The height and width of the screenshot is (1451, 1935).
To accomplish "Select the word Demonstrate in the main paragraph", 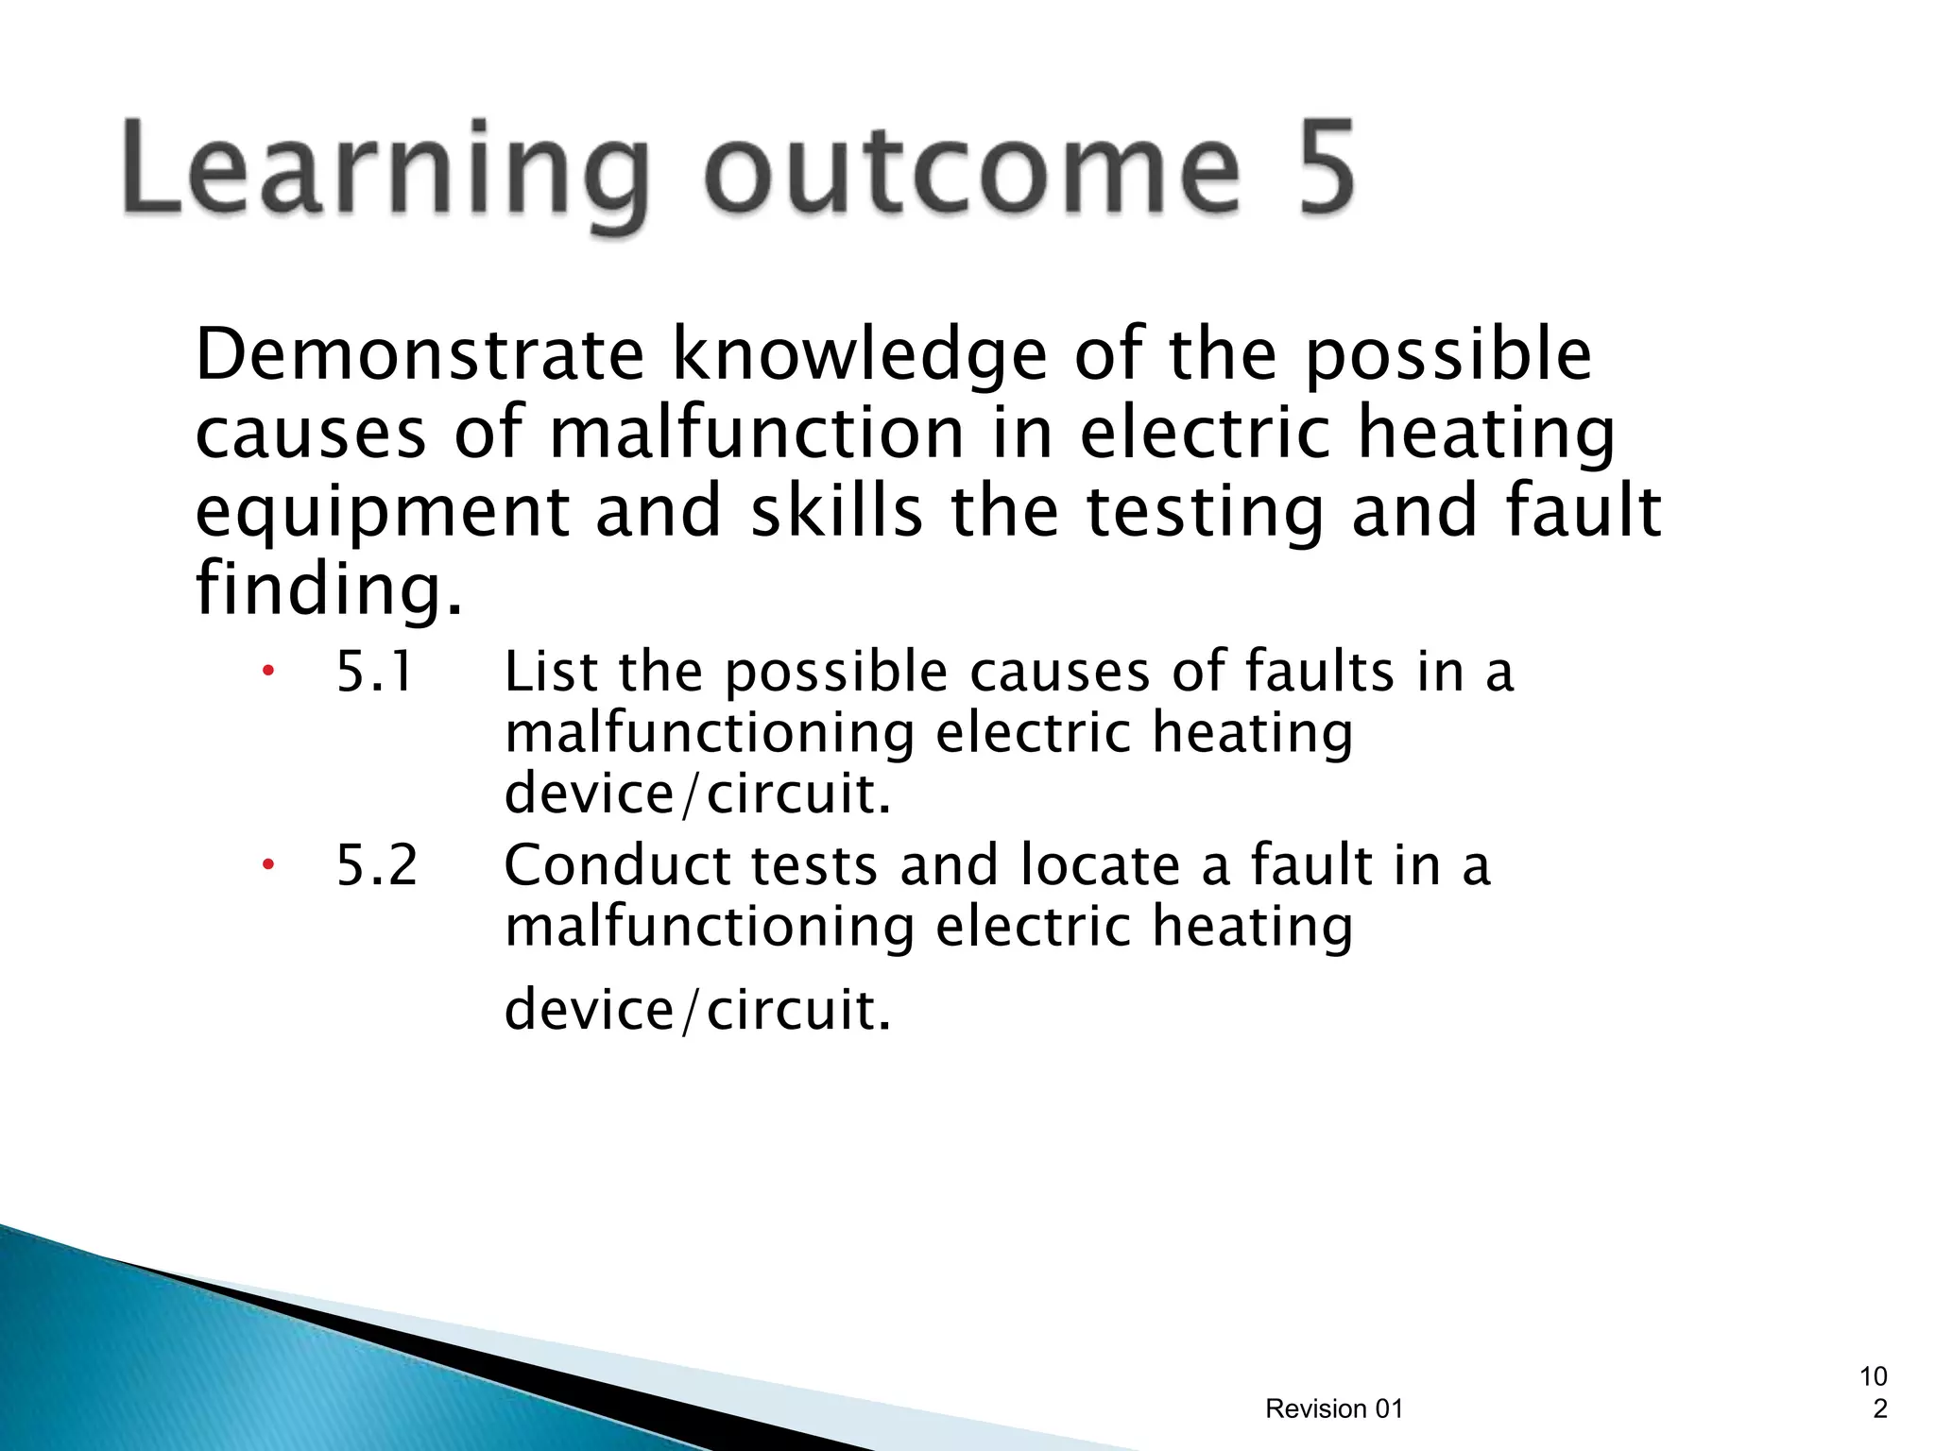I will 420,355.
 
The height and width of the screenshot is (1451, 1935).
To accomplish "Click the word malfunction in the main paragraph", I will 756,433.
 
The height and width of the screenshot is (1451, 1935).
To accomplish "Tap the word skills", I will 835,510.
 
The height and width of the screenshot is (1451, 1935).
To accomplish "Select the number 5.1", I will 375,673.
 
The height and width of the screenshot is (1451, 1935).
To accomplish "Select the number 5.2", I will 376,865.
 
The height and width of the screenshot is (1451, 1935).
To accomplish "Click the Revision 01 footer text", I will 1334,1408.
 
